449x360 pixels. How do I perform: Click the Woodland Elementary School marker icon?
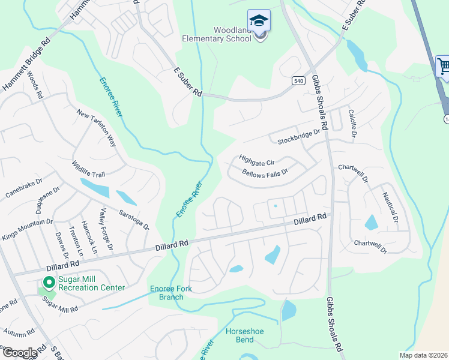[259, 22]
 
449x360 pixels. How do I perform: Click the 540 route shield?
[298, 80]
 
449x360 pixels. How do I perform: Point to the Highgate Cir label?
[256, 161]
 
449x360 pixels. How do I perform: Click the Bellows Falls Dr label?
[265, 172]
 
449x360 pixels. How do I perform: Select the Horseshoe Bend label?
[244, 335]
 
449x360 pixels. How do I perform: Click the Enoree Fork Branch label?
[171, 293]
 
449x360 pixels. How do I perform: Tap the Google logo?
[20, 353]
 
